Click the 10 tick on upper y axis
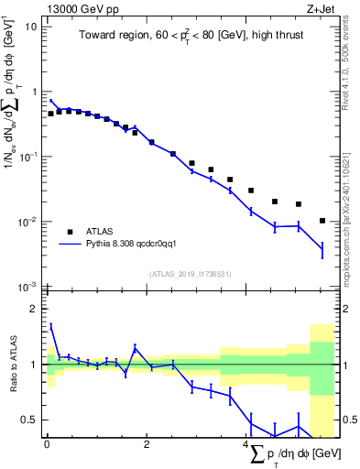(x=31, y=27)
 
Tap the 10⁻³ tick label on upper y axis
(x=28, y=287)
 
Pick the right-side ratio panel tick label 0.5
(x=348, y=420)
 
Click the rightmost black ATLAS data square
(x=322, y=221)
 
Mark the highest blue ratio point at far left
(x=50, y=325)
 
